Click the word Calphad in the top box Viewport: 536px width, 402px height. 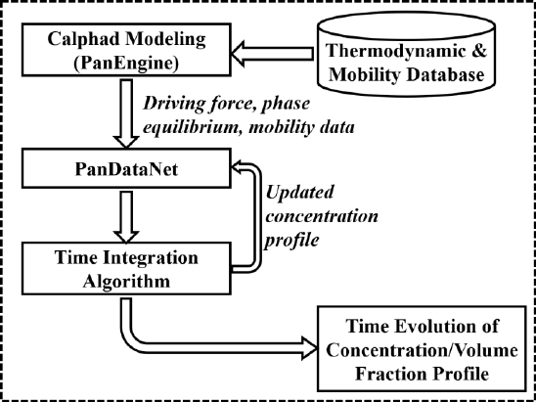point(84,39)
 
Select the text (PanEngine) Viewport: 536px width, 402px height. point(126,64)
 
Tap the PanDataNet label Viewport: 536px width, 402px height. point(126,169)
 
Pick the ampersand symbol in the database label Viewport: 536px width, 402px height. point(479,51)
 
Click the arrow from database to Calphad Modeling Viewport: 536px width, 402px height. point(273,54)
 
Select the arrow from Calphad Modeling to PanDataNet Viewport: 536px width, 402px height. point(126,113)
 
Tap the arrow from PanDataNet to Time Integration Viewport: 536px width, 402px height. point(126,217)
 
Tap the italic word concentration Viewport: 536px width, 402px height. point(322,216)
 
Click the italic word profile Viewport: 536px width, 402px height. point(292,241)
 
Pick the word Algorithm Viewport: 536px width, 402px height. point(127,282)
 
